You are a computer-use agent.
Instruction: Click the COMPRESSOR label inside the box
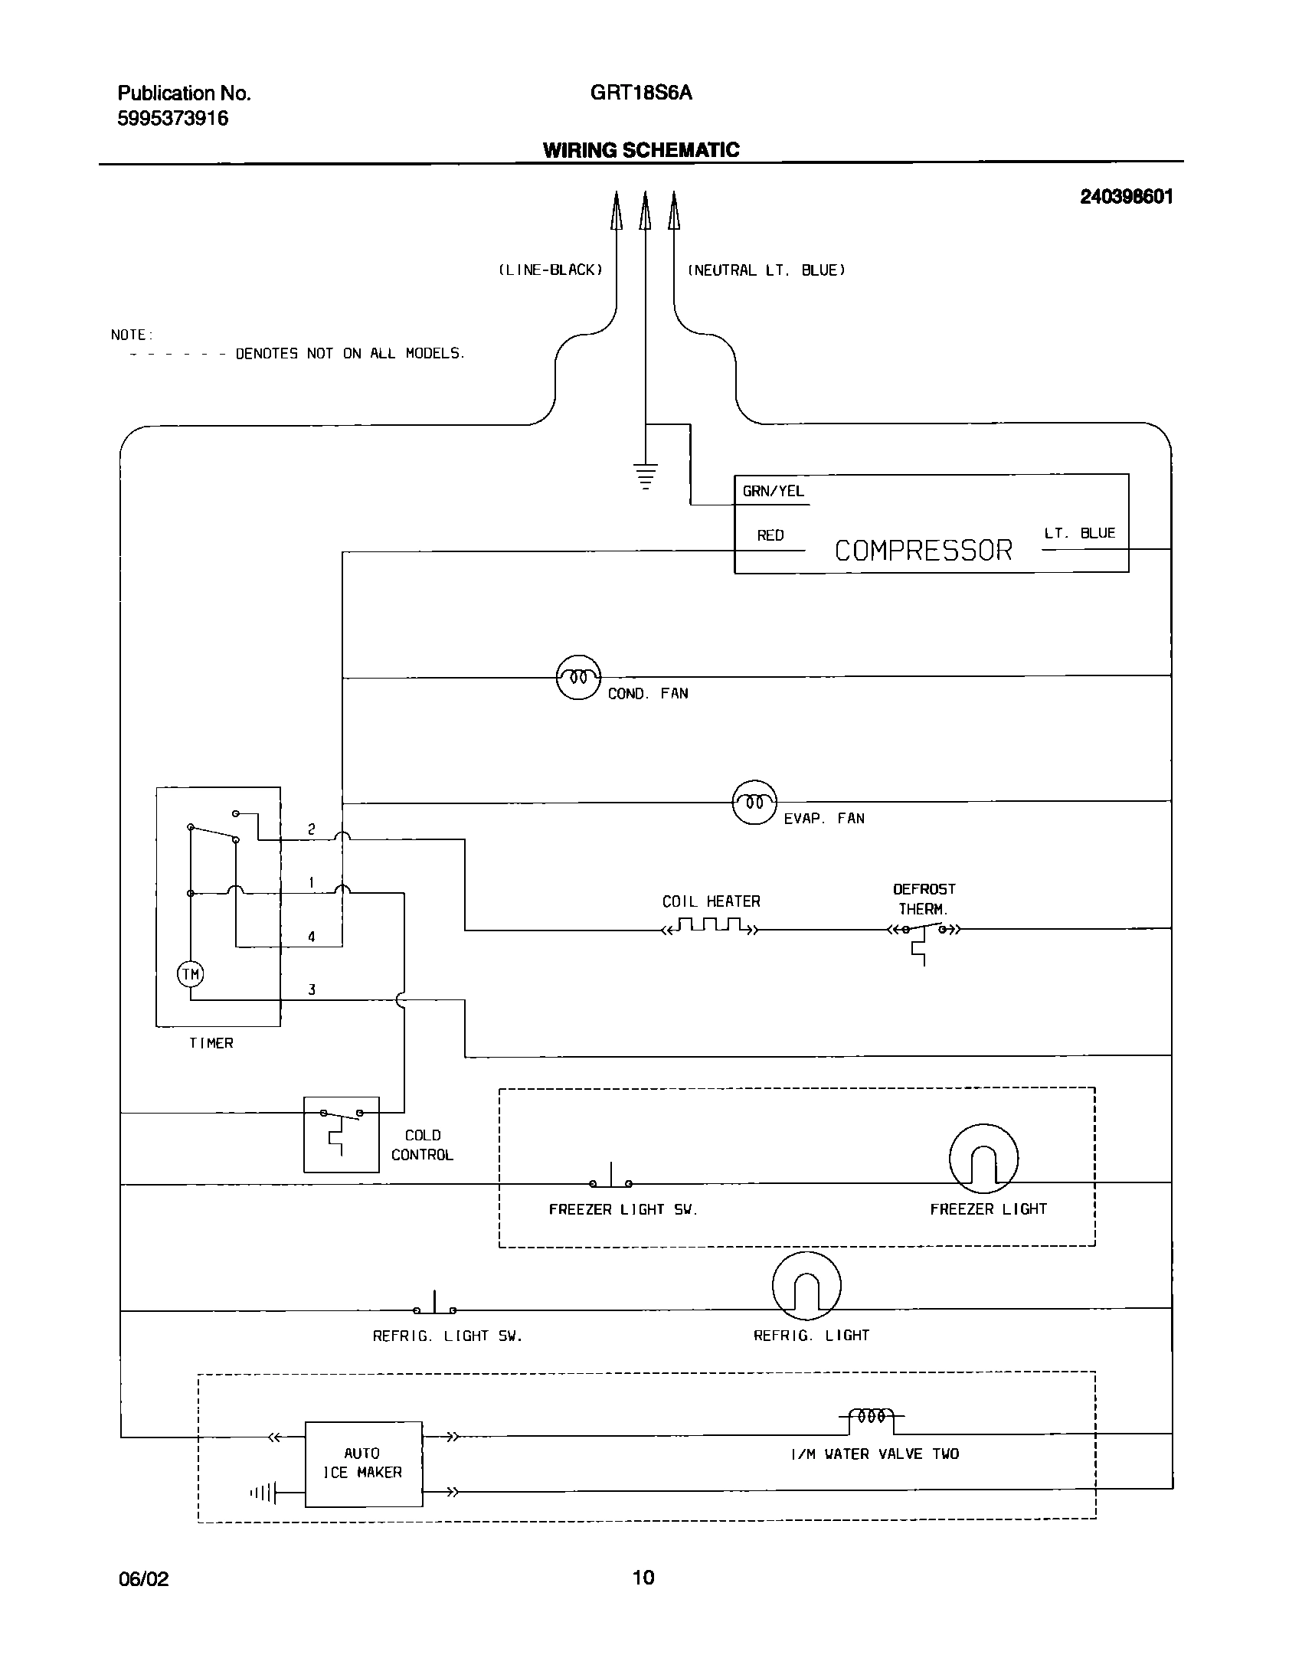pos(923,551)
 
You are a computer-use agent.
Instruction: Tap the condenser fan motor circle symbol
pos(578,678)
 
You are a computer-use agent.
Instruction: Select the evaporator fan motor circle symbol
pos(755,803)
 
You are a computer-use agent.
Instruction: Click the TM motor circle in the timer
pos(190,974)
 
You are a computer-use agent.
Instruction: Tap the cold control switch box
pos(342,1134)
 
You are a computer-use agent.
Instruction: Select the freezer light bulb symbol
pos(983,1159)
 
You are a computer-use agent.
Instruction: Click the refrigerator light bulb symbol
pos(806,1286)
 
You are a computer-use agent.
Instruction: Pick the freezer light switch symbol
pos(611,1179)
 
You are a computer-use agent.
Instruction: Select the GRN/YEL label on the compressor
pos(774,492)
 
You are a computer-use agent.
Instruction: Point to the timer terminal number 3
pos(312,989)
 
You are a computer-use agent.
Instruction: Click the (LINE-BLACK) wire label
pos(551,270)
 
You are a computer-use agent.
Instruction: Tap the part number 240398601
pos(1126,198)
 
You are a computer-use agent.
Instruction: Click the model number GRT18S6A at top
pos(641,93)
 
